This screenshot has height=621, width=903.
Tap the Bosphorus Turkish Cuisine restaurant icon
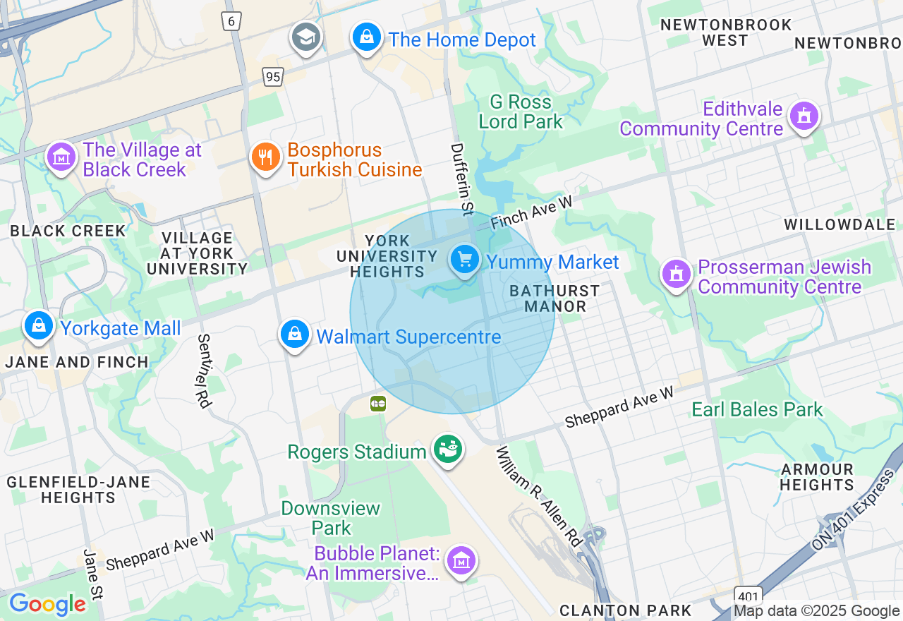[265, 157]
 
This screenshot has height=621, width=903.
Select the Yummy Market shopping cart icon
[464, 260]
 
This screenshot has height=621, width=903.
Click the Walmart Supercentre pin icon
[295, 334]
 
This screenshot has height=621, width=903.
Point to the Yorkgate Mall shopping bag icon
[39, 326]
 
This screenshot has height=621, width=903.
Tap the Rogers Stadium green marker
[447, 448]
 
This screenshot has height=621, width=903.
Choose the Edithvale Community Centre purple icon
[804, 116]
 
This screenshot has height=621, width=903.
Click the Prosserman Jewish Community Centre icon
[677, 275]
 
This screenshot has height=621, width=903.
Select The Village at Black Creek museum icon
[61, 157]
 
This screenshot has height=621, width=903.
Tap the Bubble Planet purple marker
[461, 561]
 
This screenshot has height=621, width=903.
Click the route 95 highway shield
[273, 76]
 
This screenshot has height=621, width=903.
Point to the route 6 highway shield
[231, 20]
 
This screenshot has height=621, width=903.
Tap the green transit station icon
[378, 404]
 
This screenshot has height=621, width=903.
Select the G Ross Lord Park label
[521, 111]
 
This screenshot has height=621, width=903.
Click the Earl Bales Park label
[757, 410]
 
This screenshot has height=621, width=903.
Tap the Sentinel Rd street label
[204, 370]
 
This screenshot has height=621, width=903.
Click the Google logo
[47, 604]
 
